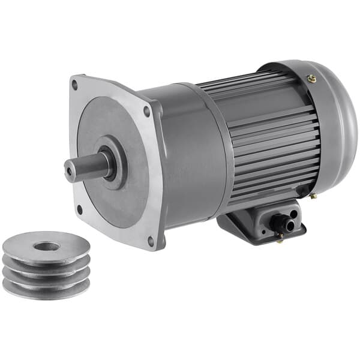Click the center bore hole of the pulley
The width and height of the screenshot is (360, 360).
point(46,246)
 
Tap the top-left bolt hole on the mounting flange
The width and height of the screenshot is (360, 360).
point(74,85)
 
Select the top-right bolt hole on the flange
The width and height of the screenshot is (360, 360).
point(147,110)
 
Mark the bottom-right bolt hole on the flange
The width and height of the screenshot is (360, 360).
point(150,241)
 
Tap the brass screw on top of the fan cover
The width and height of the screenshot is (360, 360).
point(311,78)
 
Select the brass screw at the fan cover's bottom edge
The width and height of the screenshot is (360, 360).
point(313,196)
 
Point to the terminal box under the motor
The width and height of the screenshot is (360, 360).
point(252,222)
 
